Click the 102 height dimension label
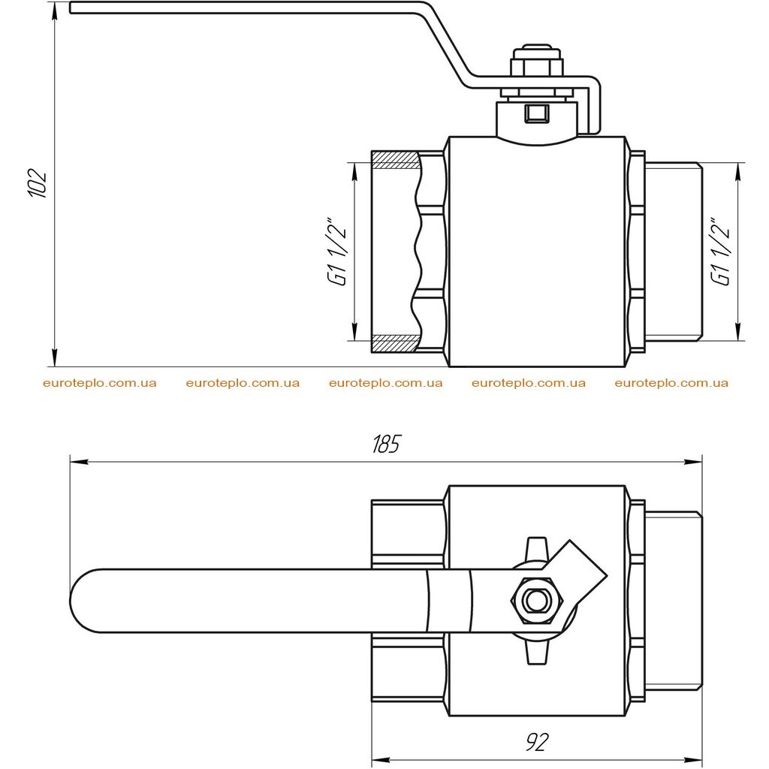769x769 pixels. pos(38,183)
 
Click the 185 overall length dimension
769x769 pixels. pos(386,444)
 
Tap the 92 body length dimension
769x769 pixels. pos(537,742)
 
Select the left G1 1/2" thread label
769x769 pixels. pos(339,250)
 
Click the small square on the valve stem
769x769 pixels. pos(537,113)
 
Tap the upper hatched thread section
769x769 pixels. pos(395,160)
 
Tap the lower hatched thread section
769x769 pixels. pos(395,343)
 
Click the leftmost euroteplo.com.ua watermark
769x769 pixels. pos(100,383)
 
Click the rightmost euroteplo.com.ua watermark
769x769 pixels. pos(671,383)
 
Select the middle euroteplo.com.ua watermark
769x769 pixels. pos(385,383)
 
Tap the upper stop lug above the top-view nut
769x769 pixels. pos(536,547)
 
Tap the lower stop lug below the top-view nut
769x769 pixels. pos(536,653)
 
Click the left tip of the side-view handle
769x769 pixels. pos(70,8)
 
